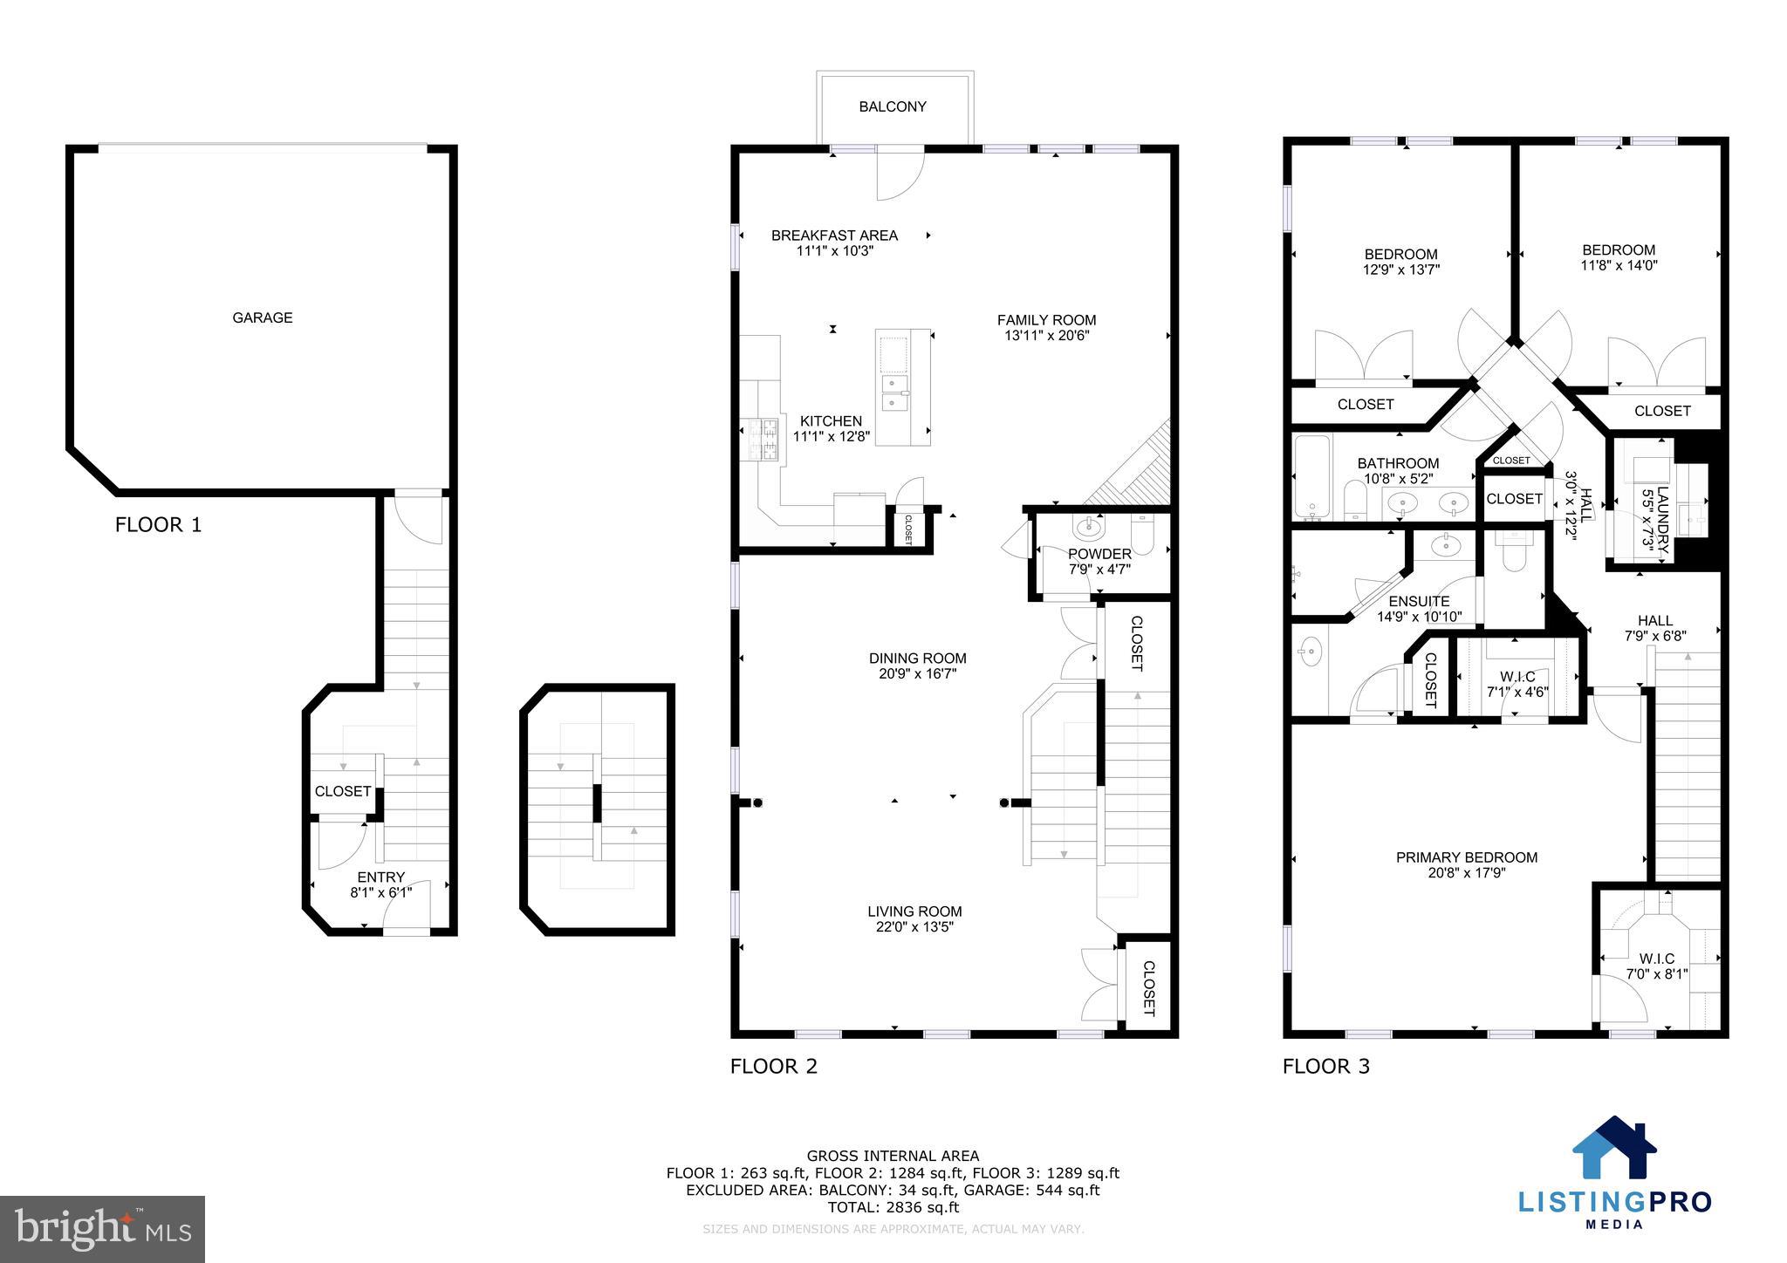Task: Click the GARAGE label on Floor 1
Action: (262, 317)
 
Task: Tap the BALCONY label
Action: (892, 106)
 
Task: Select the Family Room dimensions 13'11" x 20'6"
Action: (1046, 336)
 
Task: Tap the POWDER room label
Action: (1099, 554)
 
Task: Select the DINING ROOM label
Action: (917, 659)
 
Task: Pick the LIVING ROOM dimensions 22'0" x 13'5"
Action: (914, 927)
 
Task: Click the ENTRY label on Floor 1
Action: (380, 877)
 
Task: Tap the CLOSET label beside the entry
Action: (342, 791)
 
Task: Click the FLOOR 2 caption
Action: (773, 1066)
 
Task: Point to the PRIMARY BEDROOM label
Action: (1466, 857)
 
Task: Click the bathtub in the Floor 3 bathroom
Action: (1311, 477)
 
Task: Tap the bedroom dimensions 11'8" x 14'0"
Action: (1619, 265)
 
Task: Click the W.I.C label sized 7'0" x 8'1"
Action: (1656, 959)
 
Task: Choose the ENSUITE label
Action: (1419, 601)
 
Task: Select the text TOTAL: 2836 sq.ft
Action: (893, 1207)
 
